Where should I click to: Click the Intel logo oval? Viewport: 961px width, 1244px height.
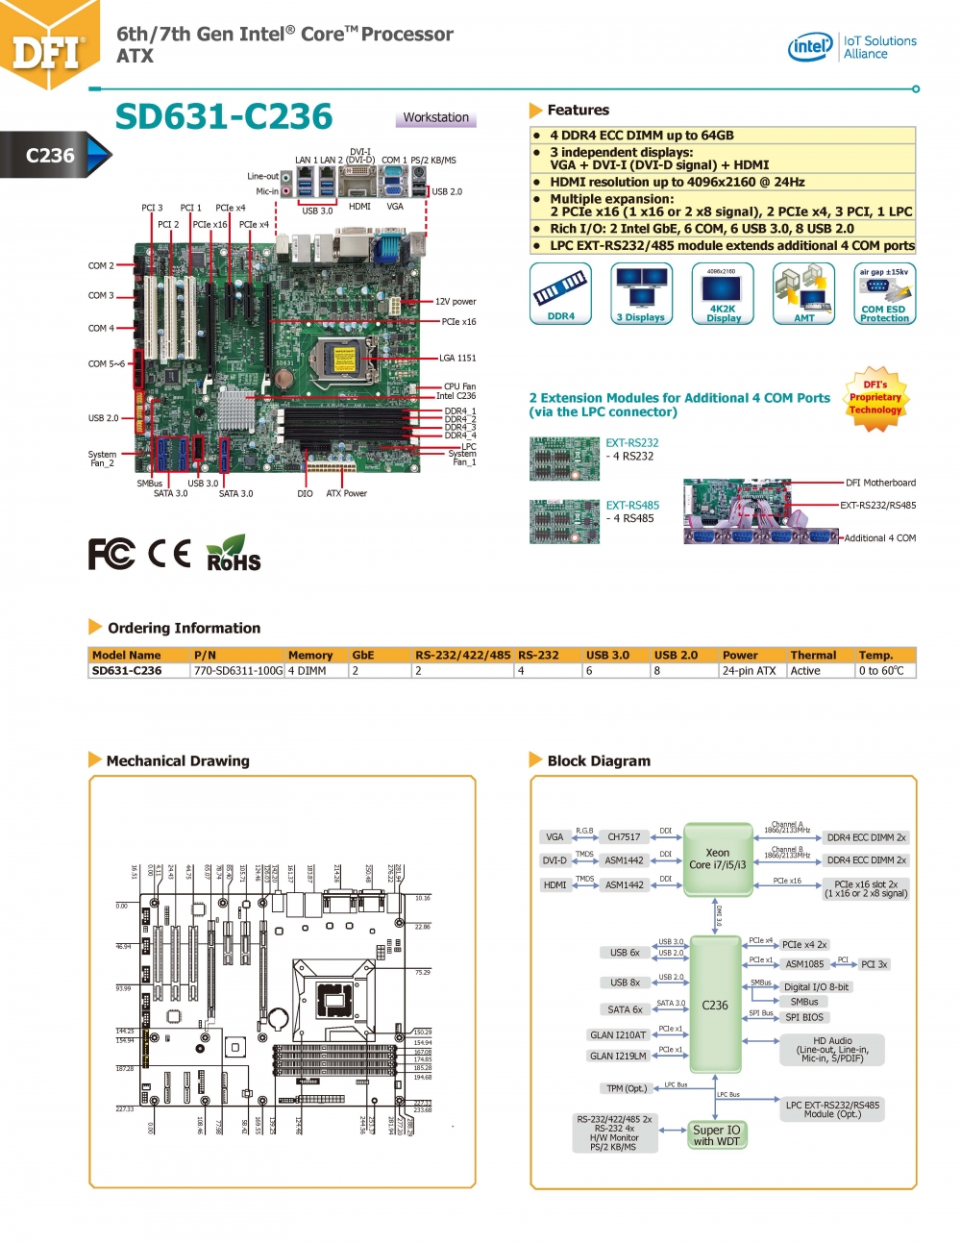tap(810, 46)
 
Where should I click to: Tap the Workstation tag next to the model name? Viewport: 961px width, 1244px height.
tap(435, 117)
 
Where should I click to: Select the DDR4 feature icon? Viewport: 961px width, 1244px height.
tap(561, 293)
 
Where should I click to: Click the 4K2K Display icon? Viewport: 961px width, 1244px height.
tap(723, 293)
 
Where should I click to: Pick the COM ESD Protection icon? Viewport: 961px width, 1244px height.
tap(884, 293)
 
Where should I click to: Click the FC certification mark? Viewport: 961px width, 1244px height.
tap(111, 554)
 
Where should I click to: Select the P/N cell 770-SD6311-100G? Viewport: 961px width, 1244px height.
tap(238, 671)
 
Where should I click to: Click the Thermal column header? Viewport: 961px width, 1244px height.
tap(813, 655)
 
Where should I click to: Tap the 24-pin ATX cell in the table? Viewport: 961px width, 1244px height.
tap(749, 671)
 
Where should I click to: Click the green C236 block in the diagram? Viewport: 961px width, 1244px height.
tap(715, 1005)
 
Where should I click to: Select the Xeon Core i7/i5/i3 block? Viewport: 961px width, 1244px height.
tap(717, 858)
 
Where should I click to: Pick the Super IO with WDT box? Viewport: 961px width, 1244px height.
tap(717, 1135)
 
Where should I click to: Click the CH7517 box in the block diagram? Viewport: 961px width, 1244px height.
tap(624, 837)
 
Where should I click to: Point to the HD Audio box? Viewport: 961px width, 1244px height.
tap(832, 1049)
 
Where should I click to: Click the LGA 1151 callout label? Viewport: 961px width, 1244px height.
tap(457, 358)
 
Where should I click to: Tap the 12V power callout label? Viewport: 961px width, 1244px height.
tap(456, 302)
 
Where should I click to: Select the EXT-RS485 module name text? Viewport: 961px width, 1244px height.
tap(632, 505)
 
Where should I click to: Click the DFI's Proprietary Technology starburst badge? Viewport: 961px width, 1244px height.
tap(875, 398)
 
